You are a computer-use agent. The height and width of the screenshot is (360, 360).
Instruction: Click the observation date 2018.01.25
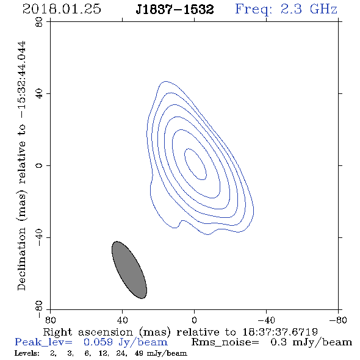(62, 9)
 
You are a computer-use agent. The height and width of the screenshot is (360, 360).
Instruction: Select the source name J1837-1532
(175, 10)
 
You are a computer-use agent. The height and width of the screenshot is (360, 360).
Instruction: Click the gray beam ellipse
(129, 270)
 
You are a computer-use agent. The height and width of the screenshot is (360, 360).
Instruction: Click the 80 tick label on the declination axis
(39, 22)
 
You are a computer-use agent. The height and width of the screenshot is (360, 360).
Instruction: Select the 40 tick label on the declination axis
(39, 94)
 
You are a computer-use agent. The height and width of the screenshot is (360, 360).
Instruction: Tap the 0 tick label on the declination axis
(39, 165)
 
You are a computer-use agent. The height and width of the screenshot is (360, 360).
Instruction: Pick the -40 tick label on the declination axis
(39, 237)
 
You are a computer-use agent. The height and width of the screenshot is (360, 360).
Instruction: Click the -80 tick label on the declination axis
(39, 309)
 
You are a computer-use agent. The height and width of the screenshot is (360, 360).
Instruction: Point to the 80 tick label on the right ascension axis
(50, 320)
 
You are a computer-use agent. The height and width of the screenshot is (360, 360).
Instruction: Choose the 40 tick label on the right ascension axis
(122, 320)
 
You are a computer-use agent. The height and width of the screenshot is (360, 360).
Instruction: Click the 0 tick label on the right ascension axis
(194, 320)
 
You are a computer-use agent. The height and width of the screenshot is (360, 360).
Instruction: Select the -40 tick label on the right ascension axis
(266, 320)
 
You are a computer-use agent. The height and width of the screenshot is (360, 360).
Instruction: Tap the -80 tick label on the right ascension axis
(338, 320)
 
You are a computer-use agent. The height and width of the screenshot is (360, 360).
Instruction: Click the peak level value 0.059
(98, 342)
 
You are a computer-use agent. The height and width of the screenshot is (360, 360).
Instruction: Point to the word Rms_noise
(225, 342)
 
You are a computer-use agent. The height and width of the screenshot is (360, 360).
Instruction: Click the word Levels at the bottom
(27, 353)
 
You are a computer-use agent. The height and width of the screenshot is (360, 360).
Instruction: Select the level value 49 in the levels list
(139, 353)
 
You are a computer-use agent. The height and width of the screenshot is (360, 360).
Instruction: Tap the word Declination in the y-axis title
(21, 259)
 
